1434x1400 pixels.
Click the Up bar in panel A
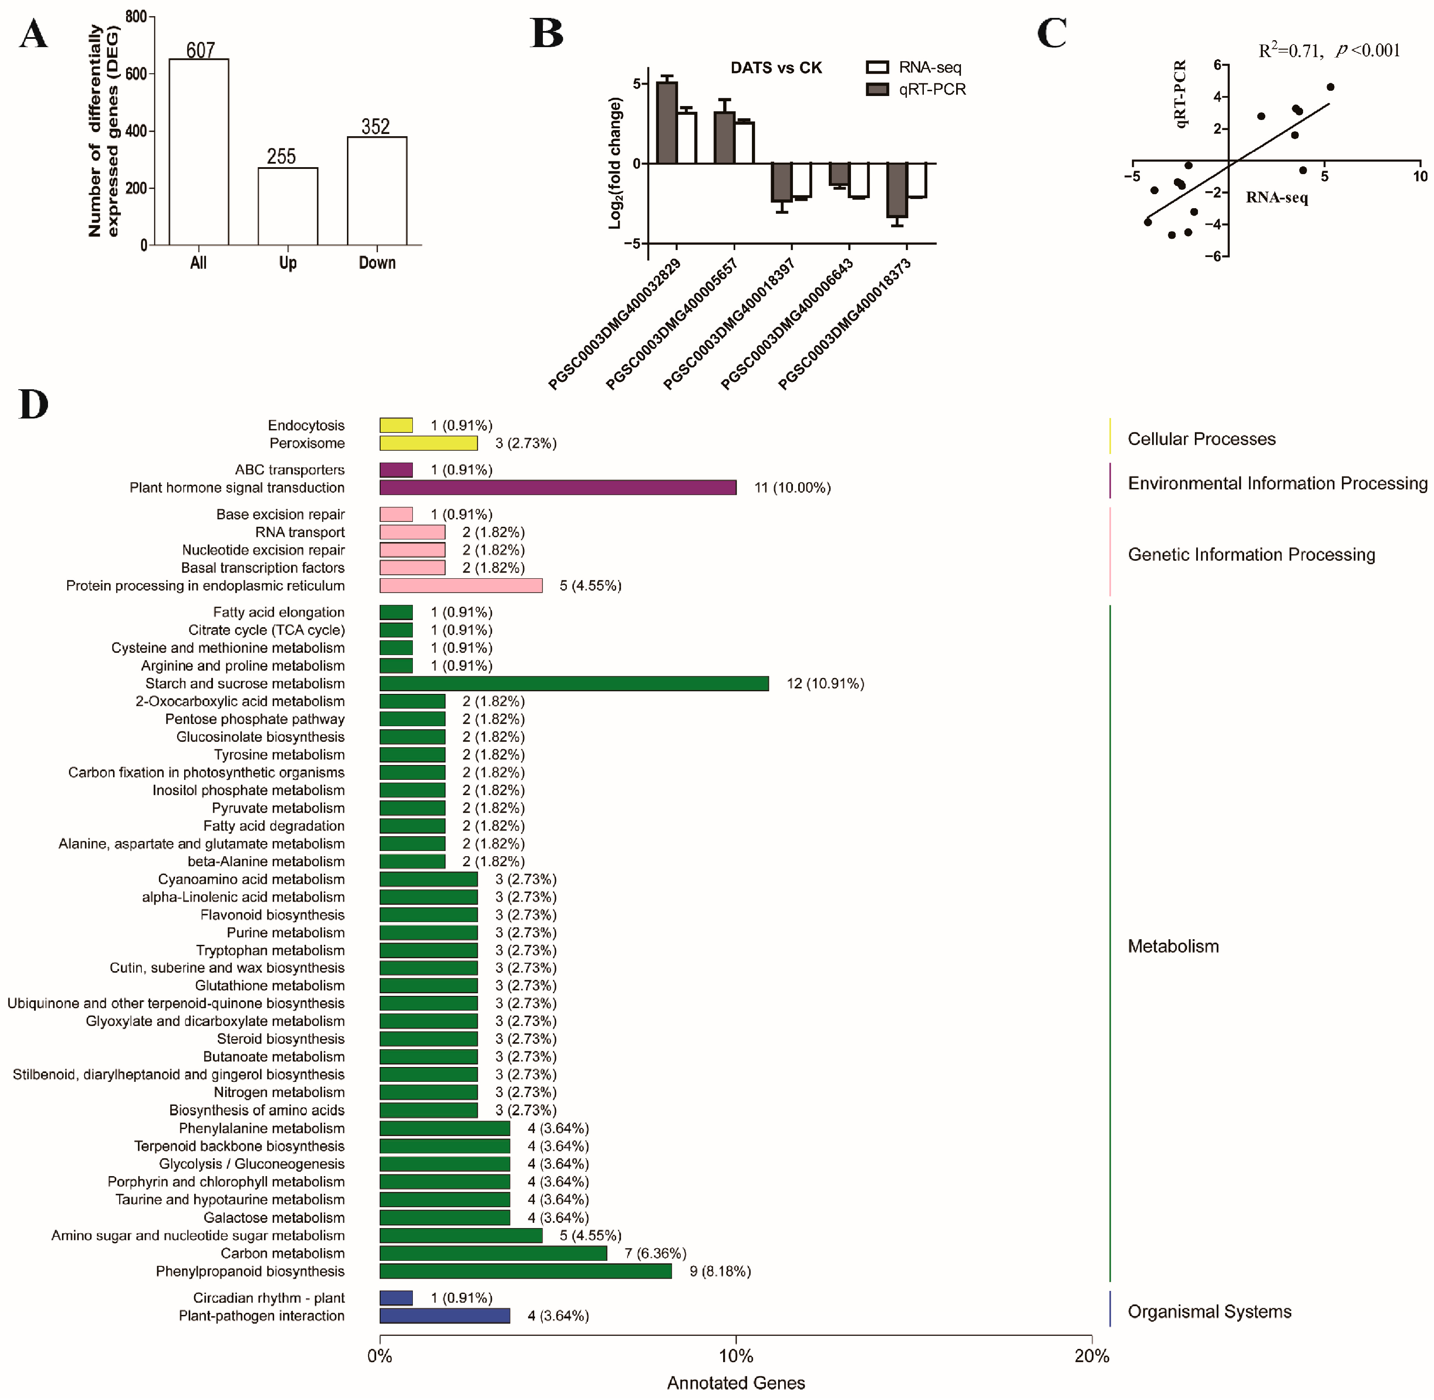tap(288, 206)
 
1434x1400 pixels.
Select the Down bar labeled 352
tap(377, 191)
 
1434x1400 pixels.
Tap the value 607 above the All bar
tap(200, 50)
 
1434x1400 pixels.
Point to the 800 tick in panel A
tap(136, 16)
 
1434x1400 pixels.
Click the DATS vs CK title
tap(776, 68)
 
